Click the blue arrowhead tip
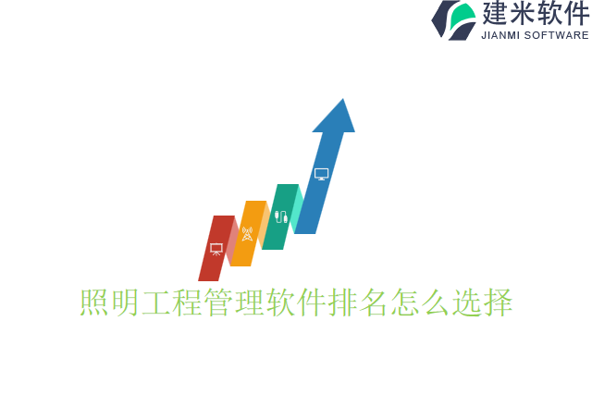[342, 102]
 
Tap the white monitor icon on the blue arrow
[321, 174]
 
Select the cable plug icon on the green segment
[281, 216]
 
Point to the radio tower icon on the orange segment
[247, 234]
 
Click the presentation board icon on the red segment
[216, 249]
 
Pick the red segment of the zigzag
[212, 264]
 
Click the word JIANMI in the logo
[500, 36]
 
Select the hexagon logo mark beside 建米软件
[454, 19]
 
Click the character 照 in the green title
[94, 302]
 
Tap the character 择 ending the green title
[498, 302]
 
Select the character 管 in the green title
[218, 302]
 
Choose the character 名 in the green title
[374, 302]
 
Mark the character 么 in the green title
[436, 302]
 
